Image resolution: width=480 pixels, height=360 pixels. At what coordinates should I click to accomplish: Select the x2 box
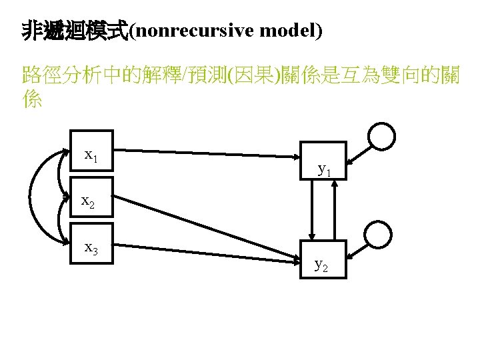coord(93,199)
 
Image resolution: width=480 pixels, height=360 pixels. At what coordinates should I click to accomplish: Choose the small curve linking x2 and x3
coord(59,220)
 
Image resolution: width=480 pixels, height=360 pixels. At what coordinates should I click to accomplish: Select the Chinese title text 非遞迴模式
coord(74,31)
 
